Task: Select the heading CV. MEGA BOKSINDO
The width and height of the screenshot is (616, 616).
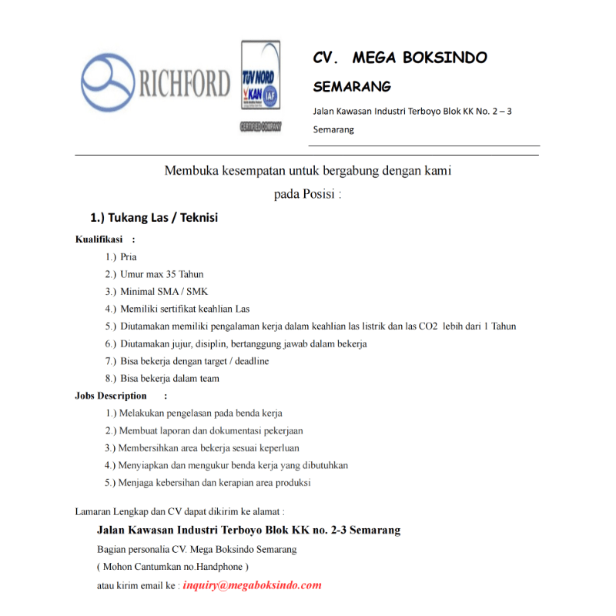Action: click(x=400, y=58)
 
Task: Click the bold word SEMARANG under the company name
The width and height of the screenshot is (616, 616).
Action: click(x=352, y=86)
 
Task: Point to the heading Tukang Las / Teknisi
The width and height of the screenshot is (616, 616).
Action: click(x=154, y=218)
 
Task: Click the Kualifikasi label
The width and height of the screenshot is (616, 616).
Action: click(x=99, y=239)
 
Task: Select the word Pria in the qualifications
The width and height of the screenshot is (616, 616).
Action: click(x=129, y=257)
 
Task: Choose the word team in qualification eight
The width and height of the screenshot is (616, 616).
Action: click(x=209, y=379)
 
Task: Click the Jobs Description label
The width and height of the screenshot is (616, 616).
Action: click(x=111, y=396)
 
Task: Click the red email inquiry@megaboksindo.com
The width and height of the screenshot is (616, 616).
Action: click(x=252, y=585)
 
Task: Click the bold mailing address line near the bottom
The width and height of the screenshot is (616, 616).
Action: click(x=249, y=531)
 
